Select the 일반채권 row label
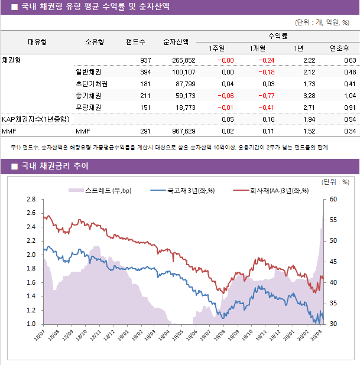coord(88,72)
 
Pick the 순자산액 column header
coord(176,42)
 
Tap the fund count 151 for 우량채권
coord(145,107)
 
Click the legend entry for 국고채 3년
coord(183,191)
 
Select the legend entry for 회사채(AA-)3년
coord(271,191)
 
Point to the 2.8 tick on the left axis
coord(30,200)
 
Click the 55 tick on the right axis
coord(333,220)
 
